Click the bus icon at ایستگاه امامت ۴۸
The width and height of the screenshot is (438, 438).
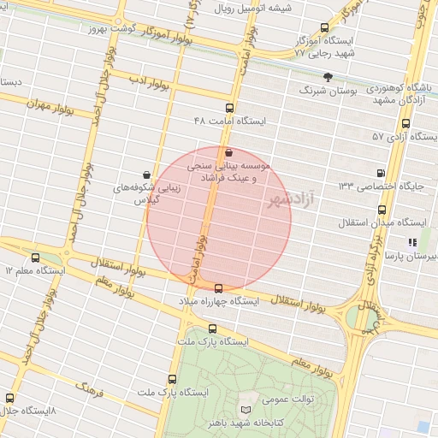pos(228,108)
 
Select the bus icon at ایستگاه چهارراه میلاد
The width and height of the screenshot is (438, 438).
pos(219,288)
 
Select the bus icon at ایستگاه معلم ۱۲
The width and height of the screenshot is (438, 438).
pos(35,257)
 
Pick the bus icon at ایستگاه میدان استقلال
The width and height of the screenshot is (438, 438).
pos(382,209)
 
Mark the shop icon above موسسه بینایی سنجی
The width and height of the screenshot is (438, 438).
pos(228,152)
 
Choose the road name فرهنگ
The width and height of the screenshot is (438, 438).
pos(90,394)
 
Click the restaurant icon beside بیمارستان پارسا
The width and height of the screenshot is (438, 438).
pos(412,242)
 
